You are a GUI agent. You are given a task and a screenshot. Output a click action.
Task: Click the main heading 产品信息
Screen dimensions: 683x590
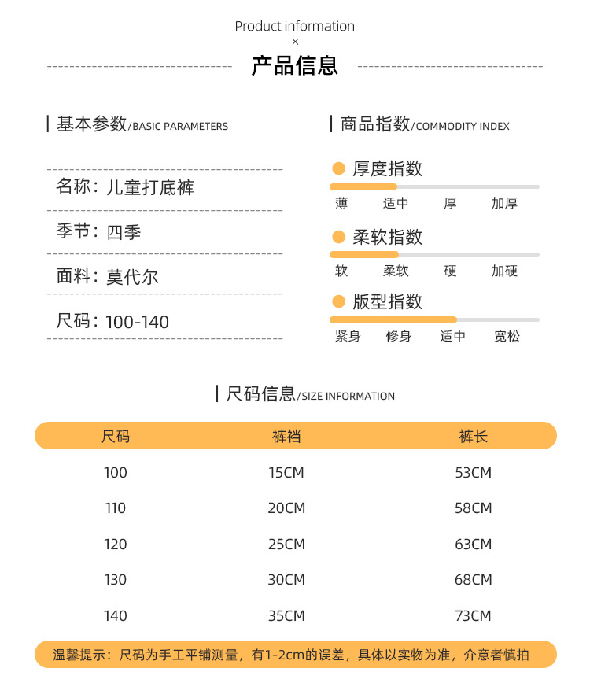[295, 66]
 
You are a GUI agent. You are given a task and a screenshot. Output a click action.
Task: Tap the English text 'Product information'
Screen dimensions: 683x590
[295, 26]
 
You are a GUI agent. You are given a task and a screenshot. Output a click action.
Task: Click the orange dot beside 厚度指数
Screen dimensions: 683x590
[339, 168]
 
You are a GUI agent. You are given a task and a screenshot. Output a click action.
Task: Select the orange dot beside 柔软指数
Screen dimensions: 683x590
[339, 237]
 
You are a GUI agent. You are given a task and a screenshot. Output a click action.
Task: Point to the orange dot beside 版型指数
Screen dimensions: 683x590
[339, 301]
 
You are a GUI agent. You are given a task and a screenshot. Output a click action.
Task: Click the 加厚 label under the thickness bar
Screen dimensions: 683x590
[504, 203]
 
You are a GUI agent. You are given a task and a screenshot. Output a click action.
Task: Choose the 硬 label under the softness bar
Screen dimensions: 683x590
[450, 271]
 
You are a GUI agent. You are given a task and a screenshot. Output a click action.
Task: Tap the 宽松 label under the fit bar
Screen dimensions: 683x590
[507, 336]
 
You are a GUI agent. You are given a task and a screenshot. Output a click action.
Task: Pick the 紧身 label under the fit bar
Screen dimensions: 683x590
[348, 336]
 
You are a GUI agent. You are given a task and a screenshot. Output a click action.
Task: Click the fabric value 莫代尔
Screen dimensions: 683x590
[132, 277]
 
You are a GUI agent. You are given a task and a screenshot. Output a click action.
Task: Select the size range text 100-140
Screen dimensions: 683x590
[137, 322]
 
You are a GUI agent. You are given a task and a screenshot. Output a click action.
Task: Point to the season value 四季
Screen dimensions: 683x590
[124, 232]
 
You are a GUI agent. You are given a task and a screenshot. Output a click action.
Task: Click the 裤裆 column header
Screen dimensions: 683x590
[286, 436]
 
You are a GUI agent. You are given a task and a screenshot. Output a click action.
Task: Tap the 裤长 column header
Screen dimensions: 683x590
[474, 436]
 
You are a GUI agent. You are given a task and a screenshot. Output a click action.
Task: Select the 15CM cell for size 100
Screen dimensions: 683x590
[286, 473]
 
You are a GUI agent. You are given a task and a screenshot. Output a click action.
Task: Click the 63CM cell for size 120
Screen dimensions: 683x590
[474, 545]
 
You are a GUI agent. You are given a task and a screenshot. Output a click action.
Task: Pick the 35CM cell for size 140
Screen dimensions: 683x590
[286, 615]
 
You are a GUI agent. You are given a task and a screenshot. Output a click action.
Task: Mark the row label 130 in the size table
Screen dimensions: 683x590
[115, 580]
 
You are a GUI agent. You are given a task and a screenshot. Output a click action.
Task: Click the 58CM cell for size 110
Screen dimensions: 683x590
[474, 508]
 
